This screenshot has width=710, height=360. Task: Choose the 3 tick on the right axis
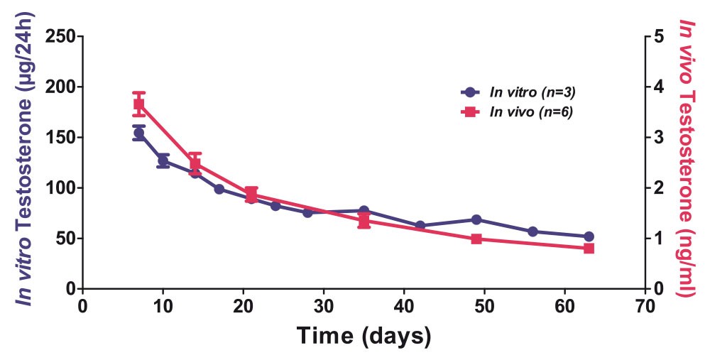[x=658, y=138]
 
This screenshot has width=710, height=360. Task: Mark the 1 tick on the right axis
[x=658, y=239]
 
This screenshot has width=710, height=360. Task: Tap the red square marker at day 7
[x=139, y=104]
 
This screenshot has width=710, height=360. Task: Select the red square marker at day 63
[x=589, y=249]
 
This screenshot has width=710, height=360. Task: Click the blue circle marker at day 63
[x=589, y=236]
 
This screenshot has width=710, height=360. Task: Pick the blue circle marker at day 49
[x=476, y=219]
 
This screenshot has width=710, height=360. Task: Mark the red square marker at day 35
[x=364, y=221]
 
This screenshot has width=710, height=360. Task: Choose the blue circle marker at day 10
[x=163, y=160]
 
